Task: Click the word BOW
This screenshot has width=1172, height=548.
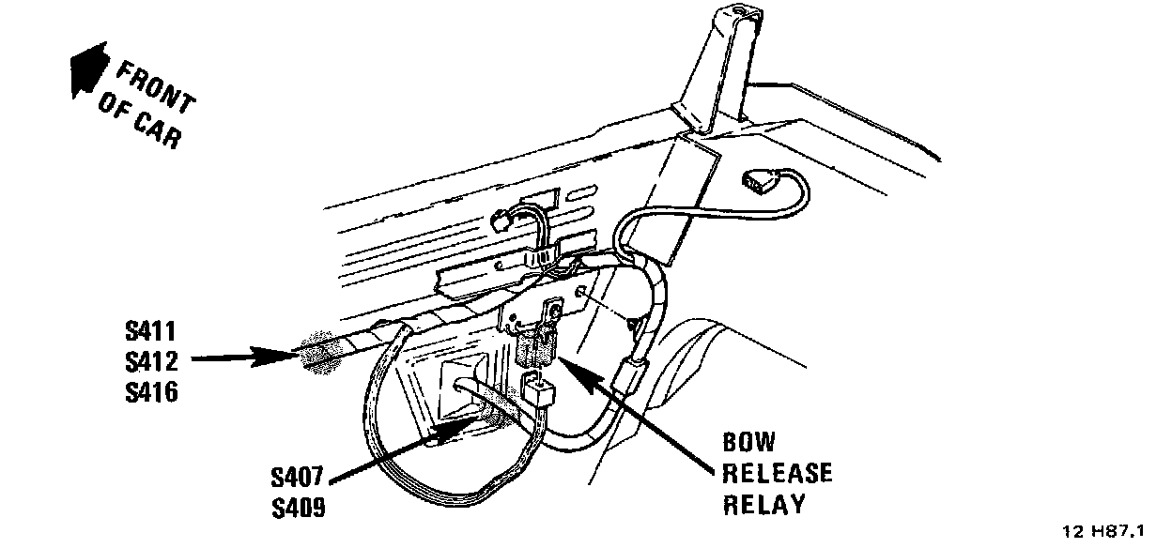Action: [x=748, y=443]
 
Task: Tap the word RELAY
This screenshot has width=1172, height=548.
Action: [x=764, y=504]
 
